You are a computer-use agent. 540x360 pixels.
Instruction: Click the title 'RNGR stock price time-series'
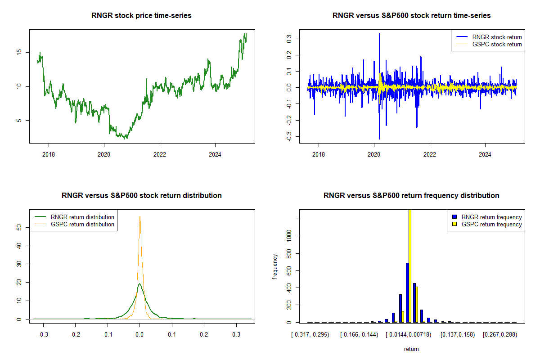(142, 16)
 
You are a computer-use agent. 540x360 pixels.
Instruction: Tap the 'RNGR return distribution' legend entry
(82, 217)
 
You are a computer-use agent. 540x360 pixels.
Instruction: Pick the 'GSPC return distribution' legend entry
(82, 224)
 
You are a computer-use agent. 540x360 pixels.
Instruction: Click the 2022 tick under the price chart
(160, 153)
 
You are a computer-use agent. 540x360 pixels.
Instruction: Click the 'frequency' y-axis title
(275, 266)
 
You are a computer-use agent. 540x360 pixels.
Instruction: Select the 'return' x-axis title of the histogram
(411, 349)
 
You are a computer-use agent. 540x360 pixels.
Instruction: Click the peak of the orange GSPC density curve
(140, 217)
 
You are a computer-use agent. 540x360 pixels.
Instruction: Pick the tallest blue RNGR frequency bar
(407, 292)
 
